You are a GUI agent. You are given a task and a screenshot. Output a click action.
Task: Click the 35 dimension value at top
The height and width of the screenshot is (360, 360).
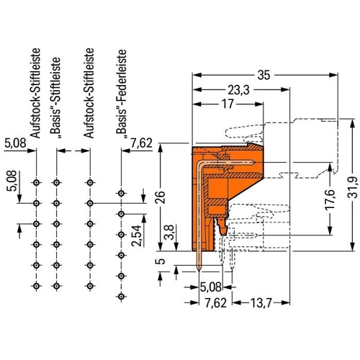(264, 75)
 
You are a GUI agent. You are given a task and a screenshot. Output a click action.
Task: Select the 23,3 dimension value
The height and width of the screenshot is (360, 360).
(238, 90)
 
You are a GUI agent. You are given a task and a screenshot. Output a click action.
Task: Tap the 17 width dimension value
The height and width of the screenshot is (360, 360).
(228, 104)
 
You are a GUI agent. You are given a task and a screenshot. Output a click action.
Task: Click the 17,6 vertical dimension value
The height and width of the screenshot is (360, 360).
(330, 200)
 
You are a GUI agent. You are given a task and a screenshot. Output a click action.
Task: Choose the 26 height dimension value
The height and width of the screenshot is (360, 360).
(161, 197)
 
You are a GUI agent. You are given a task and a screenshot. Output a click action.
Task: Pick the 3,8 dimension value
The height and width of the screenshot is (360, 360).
(170, 232)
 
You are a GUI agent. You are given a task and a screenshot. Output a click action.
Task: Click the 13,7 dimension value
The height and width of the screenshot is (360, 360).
(261, 303)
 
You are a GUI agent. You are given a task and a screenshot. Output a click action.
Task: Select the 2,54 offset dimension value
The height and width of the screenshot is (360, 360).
(136, 235)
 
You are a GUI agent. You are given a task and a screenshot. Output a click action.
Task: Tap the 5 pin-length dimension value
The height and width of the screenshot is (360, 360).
(162, 261)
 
